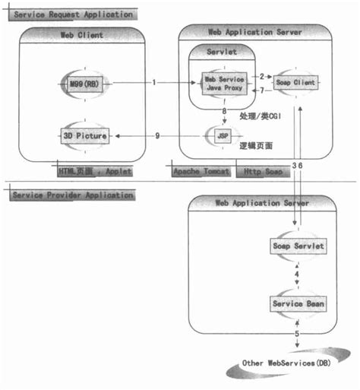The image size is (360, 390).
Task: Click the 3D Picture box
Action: coord(84,135)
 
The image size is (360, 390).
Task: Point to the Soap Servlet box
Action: coord(298,247)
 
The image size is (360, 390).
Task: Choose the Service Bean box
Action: coord(298,303)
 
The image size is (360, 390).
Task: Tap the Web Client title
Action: coord(81,34)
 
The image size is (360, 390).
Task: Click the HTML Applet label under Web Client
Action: coord(94,172)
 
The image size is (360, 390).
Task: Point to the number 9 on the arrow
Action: coord(157,135)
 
